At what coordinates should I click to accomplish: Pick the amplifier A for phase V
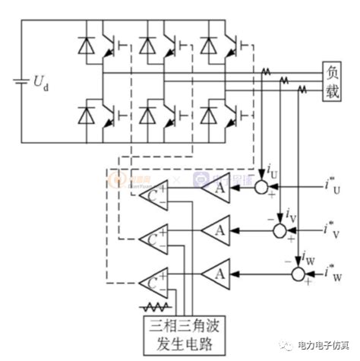[217, 228]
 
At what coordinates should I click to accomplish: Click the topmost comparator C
[155, 197]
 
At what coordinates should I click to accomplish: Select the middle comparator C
[155, 239]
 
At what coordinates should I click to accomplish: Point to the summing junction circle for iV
[281, 228]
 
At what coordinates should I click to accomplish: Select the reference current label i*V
[334, 227]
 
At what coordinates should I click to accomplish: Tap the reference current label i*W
[334, 270]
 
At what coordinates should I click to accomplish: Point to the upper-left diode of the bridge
[84, 47]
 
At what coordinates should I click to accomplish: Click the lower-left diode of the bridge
[84, 115]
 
